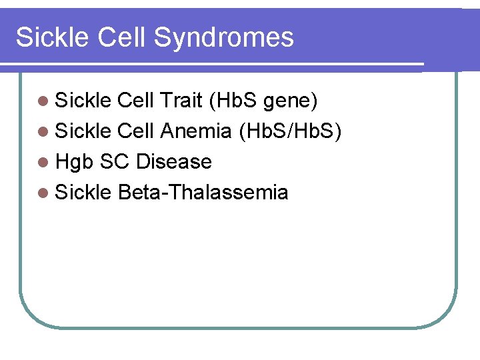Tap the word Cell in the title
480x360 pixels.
[123, 37]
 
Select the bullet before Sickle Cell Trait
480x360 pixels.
[43, 101]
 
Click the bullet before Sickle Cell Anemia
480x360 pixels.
[43, 132]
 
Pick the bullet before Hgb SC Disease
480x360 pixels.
[43, 163]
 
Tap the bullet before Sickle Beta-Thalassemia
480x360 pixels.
[43, 193]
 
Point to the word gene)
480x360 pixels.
[291, 101]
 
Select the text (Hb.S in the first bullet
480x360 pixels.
[233, 101]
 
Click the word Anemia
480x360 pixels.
[196, 131]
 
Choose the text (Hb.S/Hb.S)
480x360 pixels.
[290, 131]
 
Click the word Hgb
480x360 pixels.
[74, 162]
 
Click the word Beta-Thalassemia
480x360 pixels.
[203, 193]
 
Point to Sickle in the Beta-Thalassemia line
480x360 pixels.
[83, 193]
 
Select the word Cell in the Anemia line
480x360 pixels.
[135, 131]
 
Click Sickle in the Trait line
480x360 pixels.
[83, 101]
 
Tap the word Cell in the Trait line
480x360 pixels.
[135, 101]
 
